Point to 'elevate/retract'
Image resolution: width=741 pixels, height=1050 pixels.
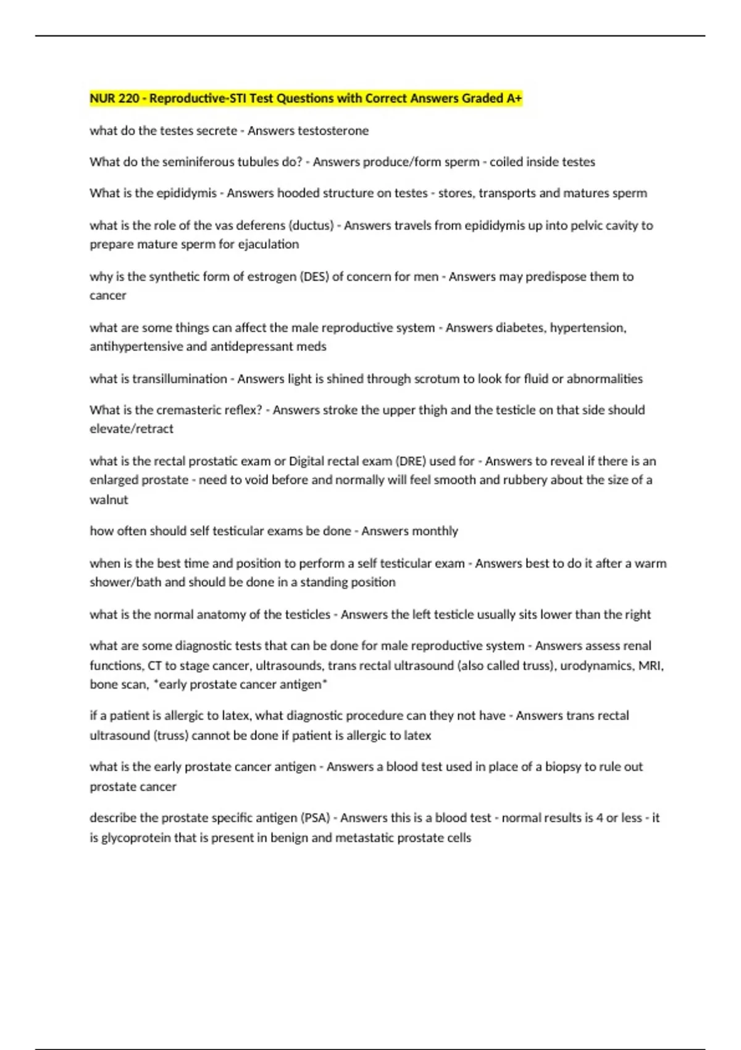pyautogui.click(x=132, y=429)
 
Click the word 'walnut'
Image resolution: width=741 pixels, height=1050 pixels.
pyautogui.click(x=109, y=500)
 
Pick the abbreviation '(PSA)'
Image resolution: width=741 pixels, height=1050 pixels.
pyautogui.click(x=315, y=818)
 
